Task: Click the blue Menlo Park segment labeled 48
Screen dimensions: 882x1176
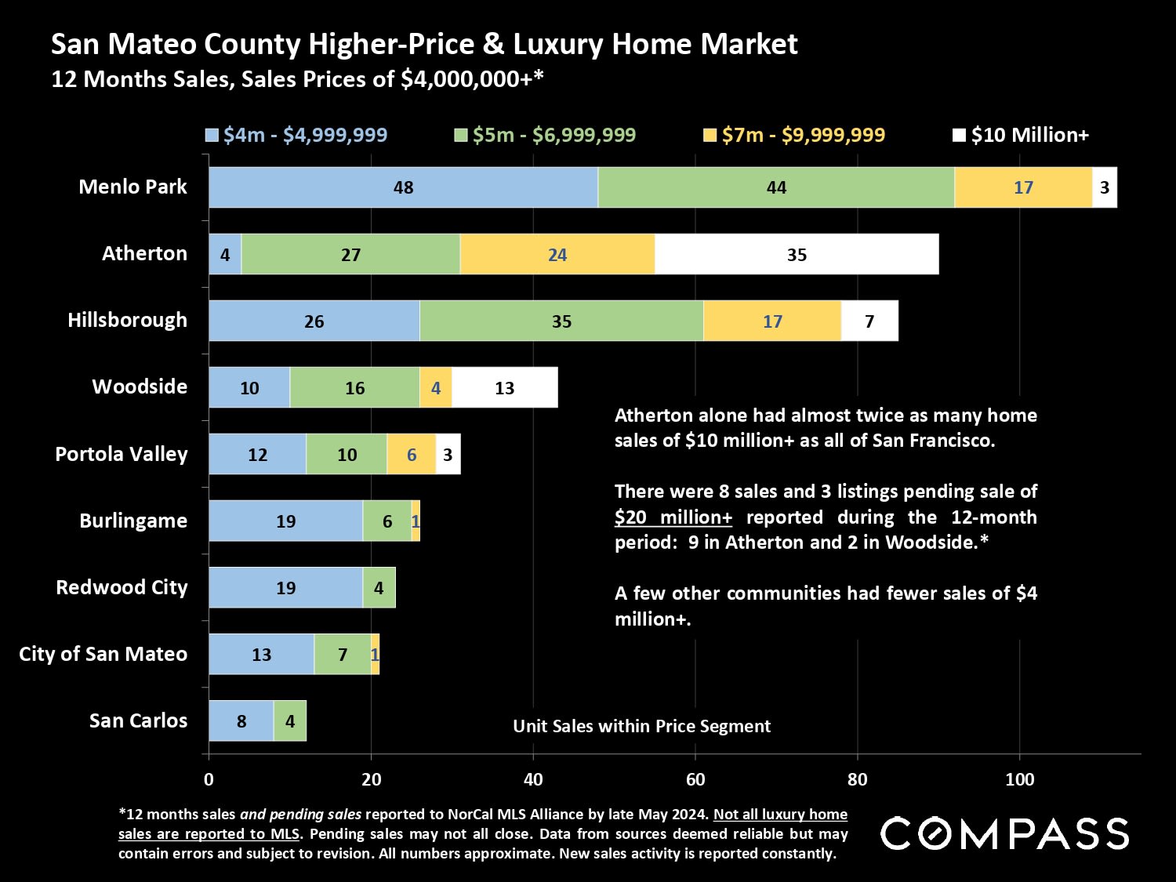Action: point(403,187)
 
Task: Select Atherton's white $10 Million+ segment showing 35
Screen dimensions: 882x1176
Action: point(797,254)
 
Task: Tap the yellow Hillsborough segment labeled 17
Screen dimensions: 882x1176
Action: point(772,321)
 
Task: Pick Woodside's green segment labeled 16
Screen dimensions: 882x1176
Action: point(354,387)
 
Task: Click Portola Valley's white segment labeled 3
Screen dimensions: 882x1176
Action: point(448,454)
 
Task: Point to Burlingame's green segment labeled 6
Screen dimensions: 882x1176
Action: point(387,521)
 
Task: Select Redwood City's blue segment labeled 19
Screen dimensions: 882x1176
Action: point(285,587)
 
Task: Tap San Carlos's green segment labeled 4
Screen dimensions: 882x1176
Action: point(290,720)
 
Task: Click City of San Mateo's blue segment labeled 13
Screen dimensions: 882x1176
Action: point(261,654)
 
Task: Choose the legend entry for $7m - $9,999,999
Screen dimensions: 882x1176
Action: point(794,135)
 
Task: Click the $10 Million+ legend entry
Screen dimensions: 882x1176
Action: point(1021,135)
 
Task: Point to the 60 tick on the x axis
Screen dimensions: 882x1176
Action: point(695,779)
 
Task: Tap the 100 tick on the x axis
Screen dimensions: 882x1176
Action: point(1019,779)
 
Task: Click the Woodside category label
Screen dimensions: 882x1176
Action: point(140,387)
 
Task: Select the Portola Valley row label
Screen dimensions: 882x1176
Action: point(122,454)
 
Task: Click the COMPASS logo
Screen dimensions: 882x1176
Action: point(1004,833)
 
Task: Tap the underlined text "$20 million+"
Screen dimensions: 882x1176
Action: point(673,517)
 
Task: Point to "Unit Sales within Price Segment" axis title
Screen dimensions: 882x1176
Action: point(641,726)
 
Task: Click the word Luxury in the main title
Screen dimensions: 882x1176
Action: point(557,44)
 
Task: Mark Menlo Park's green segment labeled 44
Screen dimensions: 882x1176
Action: point(776,187)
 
